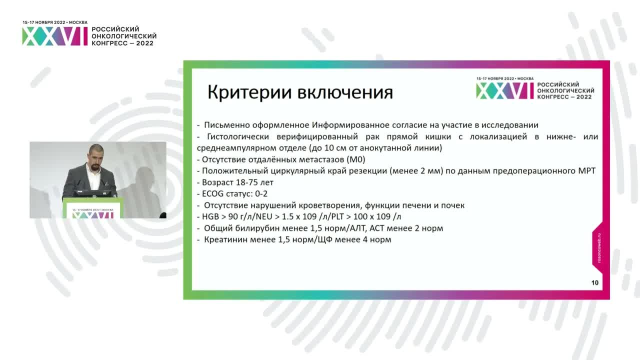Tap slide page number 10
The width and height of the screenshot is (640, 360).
[x=594, y=282]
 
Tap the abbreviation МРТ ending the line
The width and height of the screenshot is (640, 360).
[x=585, y=171]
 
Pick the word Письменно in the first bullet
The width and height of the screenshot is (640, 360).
[x=224, y=125]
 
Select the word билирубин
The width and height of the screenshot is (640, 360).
[x=252, y=228]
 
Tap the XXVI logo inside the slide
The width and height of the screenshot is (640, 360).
[x=505, y=90]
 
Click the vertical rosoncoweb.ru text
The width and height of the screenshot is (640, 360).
[x=599, y=248]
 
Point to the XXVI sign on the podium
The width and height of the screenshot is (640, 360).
[x=93, y=214]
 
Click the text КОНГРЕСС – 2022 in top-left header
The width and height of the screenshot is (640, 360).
[x=122, y=43]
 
